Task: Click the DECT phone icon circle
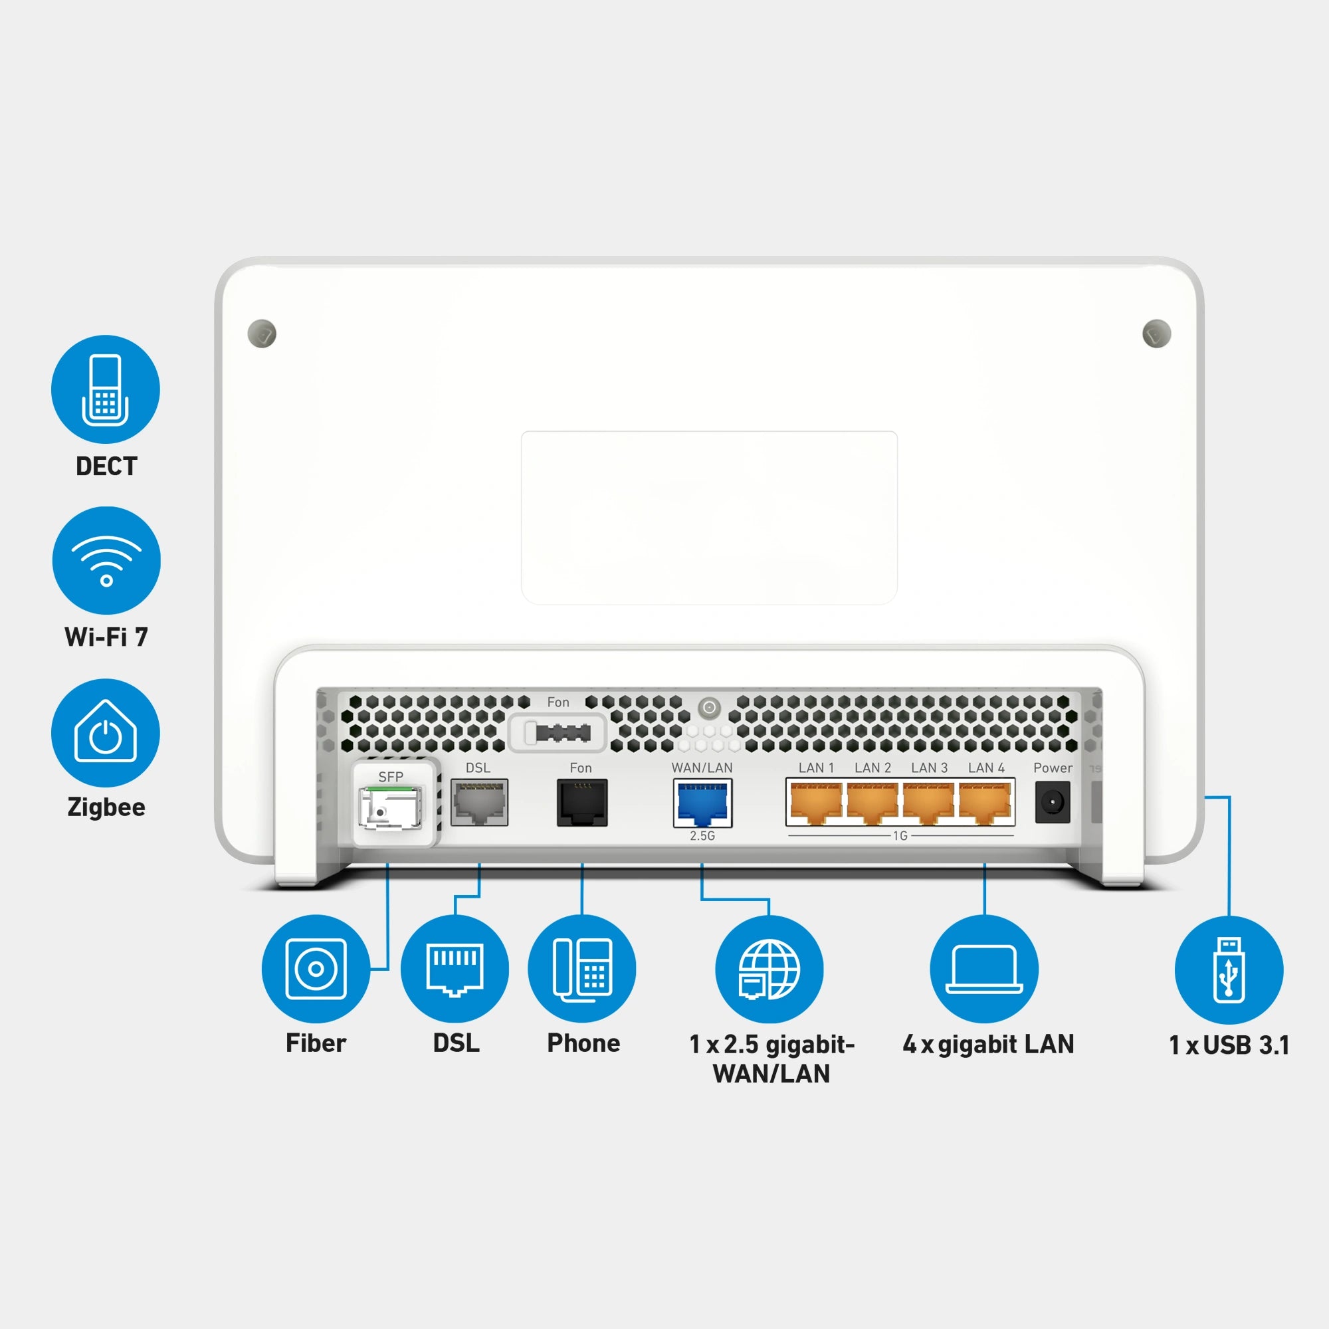(x=105, y=389)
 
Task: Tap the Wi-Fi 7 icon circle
(x=106, y=561)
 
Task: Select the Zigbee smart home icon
(x=105, y=732)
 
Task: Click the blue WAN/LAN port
(x=702, y=803)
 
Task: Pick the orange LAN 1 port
(x=816, y=803)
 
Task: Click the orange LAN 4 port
(x=985, y=803)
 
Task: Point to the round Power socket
(x=1053, y=802)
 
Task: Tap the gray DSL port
(x=480, y=803)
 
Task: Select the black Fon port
(x=582, y=803)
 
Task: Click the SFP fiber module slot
(x=391, y=807)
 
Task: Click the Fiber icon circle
(x=316, y=969)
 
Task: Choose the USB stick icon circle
(x=1229, y=970)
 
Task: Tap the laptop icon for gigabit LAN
(x=984, y=969)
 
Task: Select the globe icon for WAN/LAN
(x=769, y=969)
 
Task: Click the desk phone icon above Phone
(x=582, y=969)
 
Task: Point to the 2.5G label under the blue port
(x=702, y=836)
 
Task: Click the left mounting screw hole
(x=262, y=334)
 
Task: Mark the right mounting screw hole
(x=1156, y=334)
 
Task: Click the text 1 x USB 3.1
(x=1229, y=1045)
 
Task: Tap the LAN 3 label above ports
(x=929, y=767)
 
